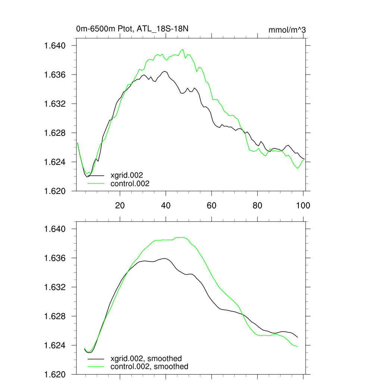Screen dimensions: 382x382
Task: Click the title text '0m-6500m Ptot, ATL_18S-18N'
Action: pos(135,29)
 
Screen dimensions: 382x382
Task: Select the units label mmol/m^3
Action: pos(287,30)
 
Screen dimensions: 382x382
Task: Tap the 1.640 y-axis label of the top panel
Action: pos(55,46)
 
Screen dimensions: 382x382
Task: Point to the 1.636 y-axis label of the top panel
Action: pos(55,75)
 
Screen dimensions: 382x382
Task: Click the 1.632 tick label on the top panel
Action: pos(55,104)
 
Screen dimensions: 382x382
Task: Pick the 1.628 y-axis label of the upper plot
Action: pos(55,133)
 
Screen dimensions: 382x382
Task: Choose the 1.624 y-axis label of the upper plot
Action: pos(55,162)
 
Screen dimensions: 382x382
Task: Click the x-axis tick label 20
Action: pos(120,205)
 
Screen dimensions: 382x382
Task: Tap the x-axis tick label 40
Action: pos(166,205)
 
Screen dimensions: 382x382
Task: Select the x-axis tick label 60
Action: pos(212,205)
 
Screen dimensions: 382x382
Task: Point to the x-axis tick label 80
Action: pos(257,205)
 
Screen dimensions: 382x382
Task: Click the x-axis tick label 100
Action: pos(303,205)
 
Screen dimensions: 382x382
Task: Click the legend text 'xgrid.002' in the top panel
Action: pos(127,175)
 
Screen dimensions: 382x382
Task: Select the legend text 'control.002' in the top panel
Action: pos(130,184)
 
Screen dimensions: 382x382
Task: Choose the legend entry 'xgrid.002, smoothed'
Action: pos(146,358)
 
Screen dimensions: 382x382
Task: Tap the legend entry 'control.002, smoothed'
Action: pos(149,367)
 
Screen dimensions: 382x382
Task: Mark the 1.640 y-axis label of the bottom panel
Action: pos(55,229)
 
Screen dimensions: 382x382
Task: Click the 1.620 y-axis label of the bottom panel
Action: pos(55,375)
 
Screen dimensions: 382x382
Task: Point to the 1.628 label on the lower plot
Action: pos(55,316)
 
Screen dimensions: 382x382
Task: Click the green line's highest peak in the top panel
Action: pos(183,49)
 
